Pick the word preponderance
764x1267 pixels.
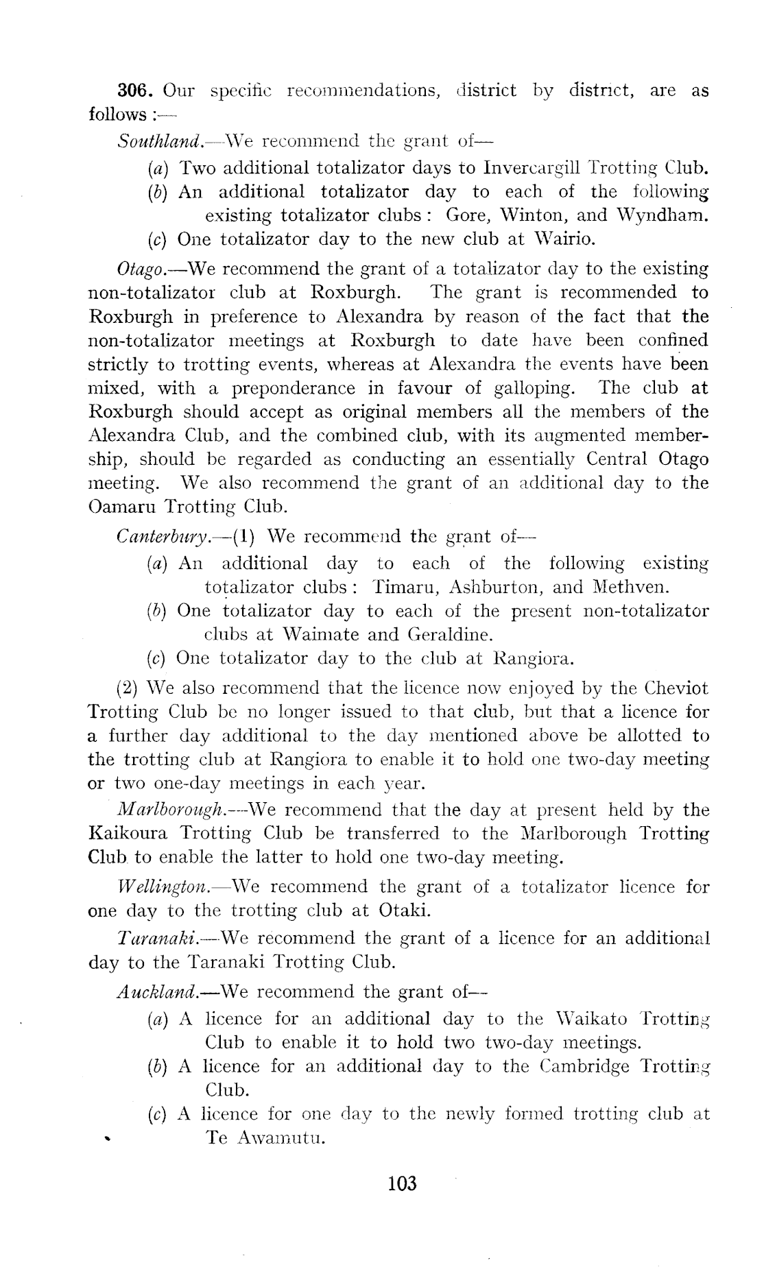point(294,389)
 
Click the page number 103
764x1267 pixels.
point(402,1183)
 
